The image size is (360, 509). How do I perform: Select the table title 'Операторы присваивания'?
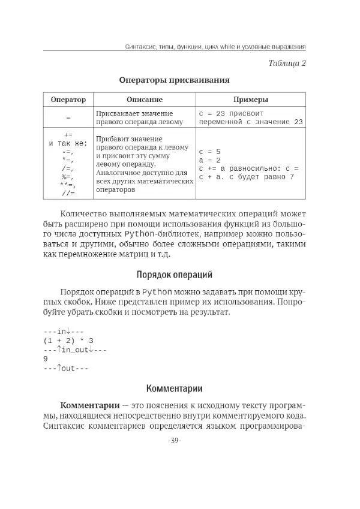click(x=174, y=80)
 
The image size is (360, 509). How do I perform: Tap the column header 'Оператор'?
click(x=68, y=100)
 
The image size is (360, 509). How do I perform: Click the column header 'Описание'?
click(x=145, y=100)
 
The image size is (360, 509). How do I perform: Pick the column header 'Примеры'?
click(x=250, y=100)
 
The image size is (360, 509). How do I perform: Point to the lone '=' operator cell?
click(x=68, y=118)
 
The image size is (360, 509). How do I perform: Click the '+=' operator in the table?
click(x=68, y=135)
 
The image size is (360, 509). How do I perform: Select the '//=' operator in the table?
click(x=68, y=194)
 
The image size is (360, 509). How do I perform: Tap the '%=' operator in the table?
click(x=67, y=177)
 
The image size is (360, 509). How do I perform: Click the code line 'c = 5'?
click(x=210, y=152)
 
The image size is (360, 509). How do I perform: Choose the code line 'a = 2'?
click(x=210, y=160)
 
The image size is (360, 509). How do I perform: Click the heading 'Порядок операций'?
click(x=174, y=275)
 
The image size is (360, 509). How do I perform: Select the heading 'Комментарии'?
click(x=174, y=388)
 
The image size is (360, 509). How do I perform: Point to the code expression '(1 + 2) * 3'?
click(x=68, y=340)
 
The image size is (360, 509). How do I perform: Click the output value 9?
click(x=46, y=359)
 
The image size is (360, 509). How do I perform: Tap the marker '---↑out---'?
click(x=65, y=368)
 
